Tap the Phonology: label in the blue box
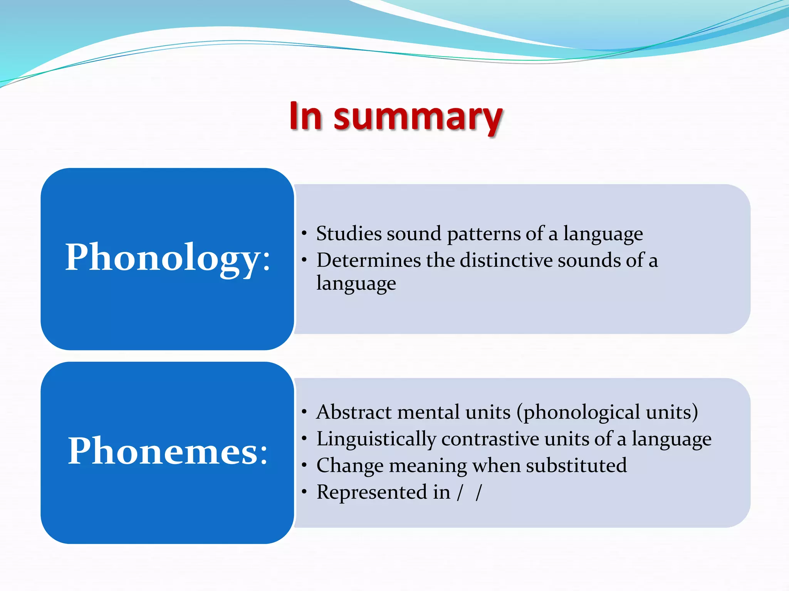(168, 257)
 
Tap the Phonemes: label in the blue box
(168, 451)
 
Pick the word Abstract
(354, 412)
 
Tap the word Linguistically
(376, 439)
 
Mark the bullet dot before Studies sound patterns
(304, 234)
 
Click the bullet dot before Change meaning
(304, 466)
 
